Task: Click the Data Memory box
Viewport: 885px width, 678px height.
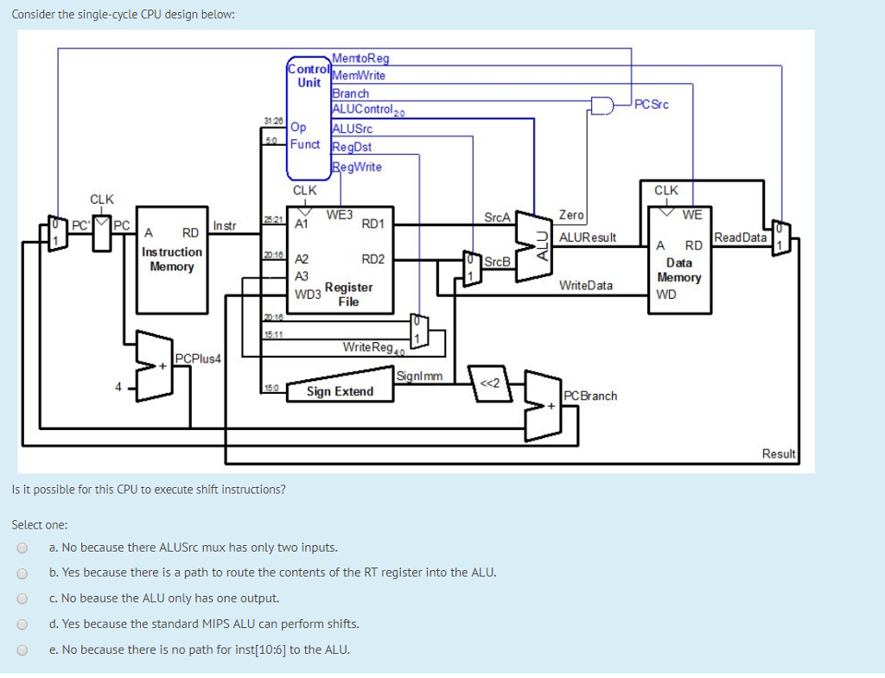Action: tap(679, 258)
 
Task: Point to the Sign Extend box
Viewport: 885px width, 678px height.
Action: tap(341, 391)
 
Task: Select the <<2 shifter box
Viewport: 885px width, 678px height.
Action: tap(489, 383)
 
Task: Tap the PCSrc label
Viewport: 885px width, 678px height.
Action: tap(651, 105)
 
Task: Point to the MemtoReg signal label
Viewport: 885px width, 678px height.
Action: tap(361, 59)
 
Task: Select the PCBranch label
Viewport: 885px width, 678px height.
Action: tap(590, 396)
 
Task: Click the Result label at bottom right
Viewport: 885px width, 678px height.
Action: tap(778, 453)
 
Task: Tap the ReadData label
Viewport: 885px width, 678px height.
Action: tap(741, 238)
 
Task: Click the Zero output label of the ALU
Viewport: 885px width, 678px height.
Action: tap(571, 214)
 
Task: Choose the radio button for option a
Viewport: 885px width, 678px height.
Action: tap(22, 548)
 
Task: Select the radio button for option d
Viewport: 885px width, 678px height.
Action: tap(22, 624)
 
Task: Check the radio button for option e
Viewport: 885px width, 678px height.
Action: tap(22, 649)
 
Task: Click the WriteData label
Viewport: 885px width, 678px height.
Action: tap(586, 285)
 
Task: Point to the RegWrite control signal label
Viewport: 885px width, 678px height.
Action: tap(357, 167)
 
